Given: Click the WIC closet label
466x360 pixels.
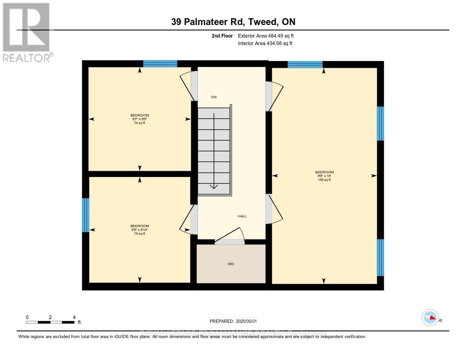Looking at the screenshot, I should coord(231,264).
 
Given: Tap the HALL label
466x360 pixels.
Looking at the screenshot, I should coord(242,216).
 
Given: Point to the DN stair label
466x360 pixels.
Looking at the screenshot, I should coord(214,97).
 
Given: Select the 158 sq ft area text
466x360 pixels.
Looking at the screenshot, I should coord(324,180).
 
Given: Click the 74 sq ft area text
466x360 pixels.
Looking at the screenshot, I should coord(140,123).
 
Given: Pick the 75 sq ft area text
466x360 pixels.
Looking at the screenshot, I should coord(140,233).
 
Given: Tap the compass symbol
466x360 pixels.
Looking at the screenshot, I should coord(430,318).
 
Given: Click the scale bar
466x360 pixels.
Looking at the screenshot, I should coord(50,323).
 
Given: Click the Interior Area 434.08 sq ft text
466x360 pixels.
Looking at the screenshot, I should coord(265,44).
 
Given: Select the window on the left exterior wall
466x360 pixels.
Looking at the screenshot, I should coord(85,215).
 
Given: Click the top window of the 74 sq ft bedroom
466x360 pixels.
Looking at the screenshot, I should coord(160,64).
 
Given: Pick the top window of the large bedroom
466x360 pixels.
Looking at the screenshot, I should coord(305,64).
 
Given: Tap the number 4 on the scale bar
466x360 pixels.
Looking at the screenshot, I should coord(74,317).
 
